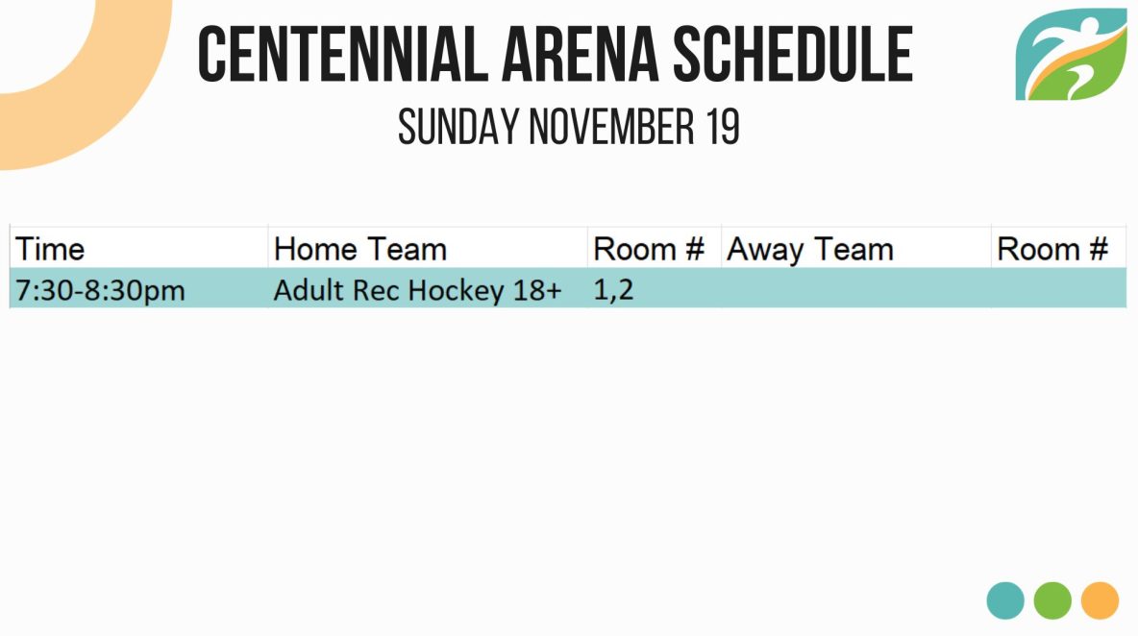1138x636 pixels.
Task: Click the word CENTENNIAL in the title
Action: (342, 54)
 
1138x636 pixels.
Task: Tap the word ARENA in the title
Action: (580, 54)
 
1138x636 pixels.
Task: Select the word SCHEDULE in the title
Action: (793, 54)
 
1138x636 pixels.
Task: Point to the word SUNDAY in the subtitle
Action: (458, 127)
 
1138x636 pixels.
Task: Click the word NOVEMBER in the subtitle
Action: (611, 127)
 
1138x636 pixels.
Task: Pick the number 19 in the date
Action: (722, 127)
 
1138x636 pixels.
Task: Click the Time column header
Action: (50, 249)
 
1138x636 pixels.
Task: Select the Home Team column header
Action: (360, 249)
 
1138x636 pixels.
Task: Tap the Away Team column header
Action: (810, 250)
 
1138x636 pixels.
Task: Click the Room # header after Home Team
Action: (649, 249)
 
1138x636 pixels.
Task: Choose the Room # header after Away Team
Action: (1052, 249)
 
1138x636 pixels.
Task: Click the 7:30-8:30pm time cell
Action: (100, 291)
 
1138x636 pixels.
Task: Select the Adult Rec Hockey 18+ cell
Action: (417, 291)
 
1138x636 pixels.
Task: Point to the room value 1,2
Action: (613, 290)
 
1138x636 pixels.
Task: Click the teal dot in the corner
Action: (1005, 600)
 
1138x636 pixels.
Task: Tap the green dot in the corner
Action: (1052, 600)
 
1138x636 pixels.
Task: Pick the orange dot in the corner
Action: (1100, 600)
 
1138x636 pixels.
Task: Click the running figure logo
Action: (1072, 55)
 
